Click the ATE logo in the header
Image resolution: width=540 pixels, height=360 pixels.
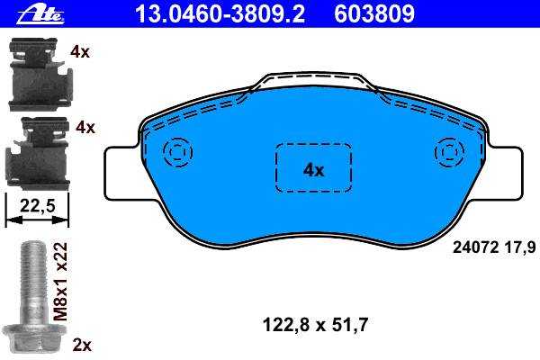pyautogui.click(x=40, y=14)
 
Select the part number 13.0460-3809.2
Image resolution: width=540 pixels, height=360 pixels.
pyautogui.click(x=220, y=13)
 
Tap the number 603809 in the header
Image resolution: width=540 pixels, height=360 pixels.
pyautogui.click(x=374, y=13)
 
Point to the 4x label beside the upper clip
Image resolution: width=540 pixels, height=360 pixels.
pyautogui.click(x=80, y=52)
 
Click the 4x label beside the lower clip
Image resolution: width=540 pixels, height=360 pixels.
pyautogui.click(x=85, y=128)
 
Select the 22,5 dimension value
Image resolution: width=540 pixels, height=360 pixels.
pyautogui.click(x=38, y=206)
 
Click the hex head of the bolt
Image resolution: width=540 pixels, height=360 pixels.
pyautogui.click(x=32, y=338)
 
